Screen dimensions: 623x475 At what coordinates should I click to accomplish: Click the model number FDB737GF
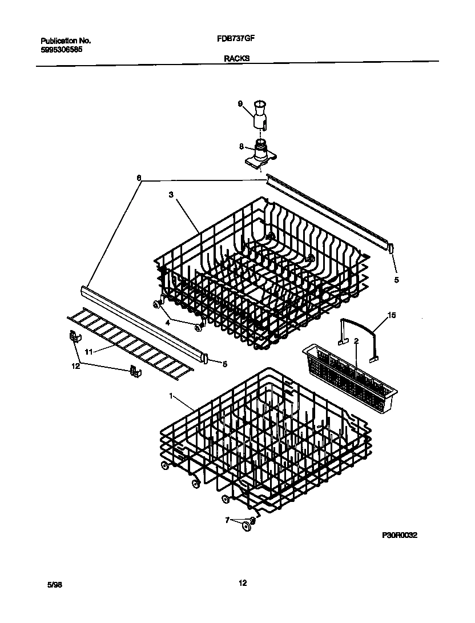236,41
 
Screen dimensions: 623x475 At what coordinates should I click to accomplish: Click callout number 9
240,103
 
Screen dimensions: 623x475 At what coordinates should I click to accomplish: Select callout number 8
242,146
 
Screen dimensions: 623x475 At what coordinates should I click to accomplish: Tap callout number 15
391,315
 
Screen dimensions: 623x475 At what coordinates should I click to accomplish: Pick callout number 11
88,352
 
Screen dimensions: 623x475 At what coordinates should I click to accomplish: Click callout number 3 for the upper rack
170,195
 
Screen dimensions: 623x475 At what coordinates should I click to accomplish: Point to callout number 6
138,178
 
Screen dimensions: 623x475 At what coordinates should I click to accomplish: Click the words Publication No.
66,41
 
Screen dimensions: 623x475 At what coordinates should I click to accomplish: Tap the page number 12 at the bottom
243,583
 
